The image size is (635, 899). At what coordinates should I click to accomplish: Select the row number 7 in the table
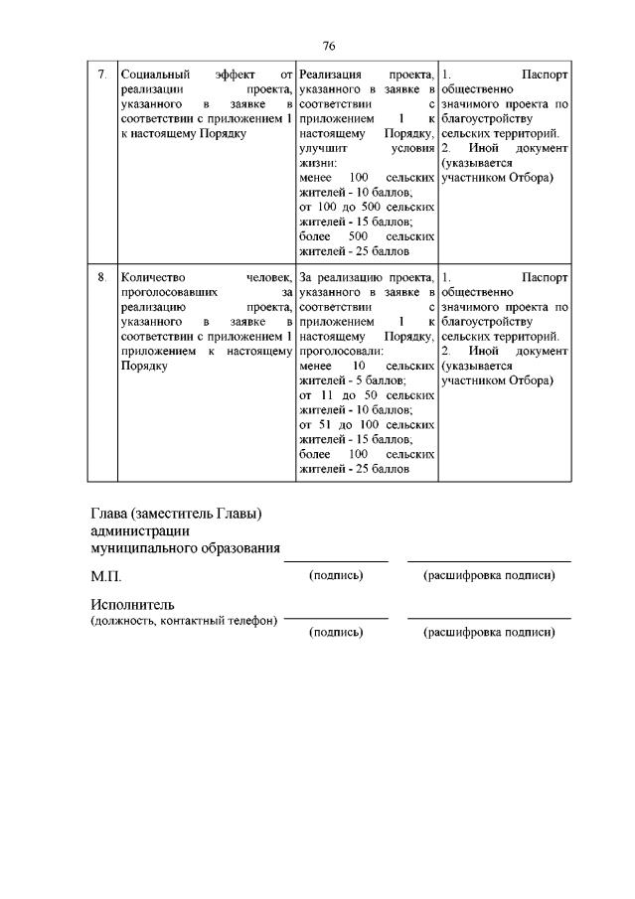click(x=101, y=75)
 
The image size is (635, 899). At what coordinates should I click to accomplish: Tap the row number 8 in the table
click(x=101, y=277)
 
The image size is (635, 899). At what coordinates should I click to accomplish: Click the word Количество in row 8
click(x=151, y=277)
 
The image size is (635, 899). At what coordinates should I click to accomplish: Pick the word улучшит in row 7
click(x=321, y=147)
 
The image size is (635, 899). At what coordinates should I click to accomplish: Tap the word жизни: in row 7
click(x=317, y=163)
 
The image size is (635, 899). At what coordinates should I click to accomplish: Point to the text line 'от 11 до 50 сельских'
click(x=367, y=395)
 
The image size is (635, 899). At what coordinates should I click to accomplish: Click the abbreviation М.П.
click(x=106, y=576)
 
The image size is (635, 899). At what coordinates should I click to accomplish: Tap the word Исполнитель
click(x=132, y=605)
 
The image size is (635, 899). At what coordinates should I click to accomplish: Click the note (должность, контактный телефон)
click(x=184, y=622)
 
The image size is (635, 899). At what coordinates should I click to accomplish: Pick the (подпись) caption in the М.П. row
click(x=336, y=575)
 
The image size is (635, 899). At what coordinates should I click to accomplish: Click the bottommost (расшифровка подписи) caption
click(x=489, y=632)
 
